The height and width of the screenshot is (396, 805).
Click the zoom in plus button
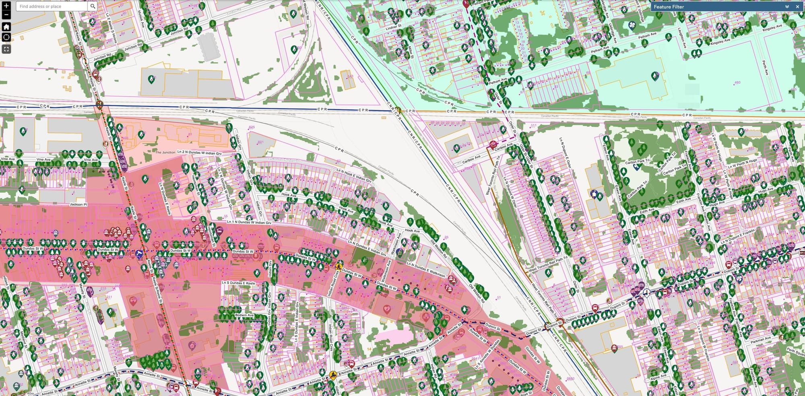click(x=6, y=5)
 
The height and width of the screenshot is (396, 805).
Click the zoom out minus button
click(x=6, y=15)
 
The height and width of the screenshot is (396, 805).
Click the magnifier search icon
click(x=93, y=6)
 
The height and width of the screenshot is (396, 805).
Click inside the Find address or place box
click(x=52, y=6)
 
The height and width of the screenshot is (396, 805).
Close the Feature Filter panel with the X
click(x=797, y=7)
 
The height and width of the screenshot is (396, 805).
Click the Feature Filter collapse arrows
click(x=787, y=7)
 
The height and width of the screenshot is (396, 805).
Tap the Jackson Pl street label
click(x=78, y=204)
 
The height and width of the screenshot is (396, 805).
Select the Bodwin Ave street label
click(x=244, y=315)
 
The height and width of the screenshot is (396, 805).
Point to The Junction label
click(x=165, y=153)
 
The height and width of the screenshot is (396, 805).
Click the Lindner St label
click(x=394, y=27)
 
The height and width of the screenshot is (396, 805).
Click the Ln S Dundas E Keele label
click(x=238, y=283)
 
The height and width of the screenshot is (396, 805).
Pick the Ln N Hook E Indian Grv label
click(x=354, y=175)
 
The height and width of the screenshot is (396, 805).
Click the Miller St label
click(x=411, y=52)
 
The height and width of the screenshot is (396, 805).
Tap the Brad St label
click(x=526, y=393)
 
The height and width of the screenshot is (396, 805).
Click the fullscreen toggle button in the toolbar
click(x=6, y=49)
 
